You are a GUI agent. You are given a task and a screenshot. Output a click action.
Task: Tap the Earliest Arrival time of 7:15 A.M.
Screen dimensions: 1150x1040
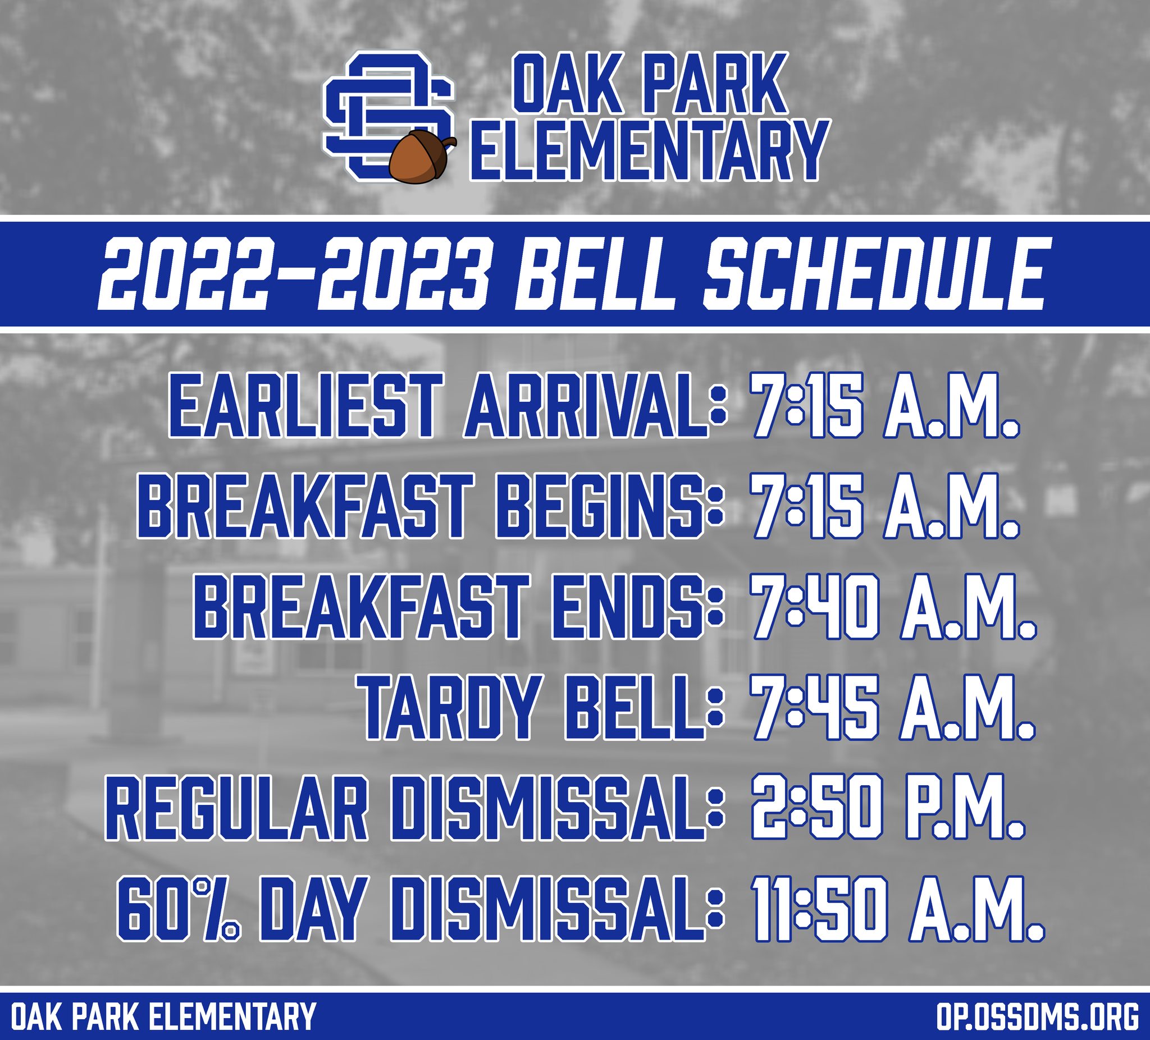(884, 405)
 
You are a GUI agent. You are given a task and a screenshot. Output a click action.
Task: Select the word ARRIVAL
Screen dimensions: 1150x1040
(587, 405)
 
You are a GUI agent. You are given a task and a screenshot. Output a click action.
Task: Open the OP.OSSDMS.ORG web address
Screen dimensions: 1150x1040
(1037, 1017)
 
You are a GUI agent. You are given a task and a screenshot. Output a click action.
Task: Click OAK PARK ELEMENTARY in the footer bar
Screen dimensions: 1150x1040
(163, 1017)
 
